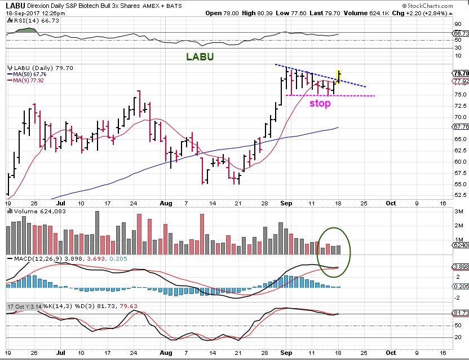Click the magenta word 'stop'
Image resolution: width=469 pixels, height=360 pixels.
point(319,104)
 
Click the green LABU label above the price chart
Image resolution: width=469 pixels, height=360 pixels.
point(200,57)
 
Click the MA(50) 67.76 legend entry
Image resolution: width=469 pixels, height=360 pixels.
point(29,74)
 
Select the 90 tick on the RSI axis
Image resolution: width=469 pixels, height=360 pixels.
point(458,24)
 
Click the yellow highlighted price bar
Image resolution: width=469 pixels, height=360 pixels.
point(338,75)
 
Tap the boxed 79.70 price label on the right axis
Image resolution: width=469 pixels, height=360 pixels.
point(460,73)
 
